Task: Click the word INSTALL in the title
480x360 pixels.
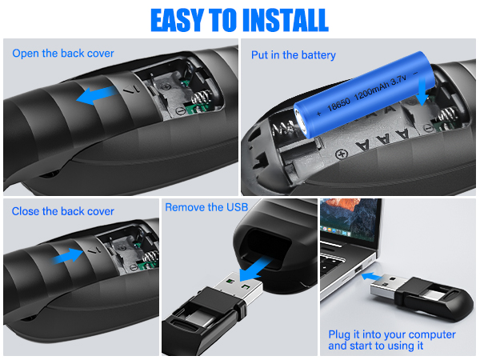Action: coord(275,19)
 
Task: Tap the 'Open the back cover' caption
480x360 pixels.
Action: coord(63,54)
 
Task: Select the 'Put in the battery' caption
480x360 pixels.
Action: coord(294,55)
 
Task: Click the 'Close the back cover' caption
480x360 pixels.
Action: coord(63,211)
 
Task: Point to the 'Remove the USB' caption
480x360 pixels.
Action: coord(206,207)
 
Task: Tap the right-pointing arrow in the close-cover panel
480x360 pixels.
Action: coord(70,255)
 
